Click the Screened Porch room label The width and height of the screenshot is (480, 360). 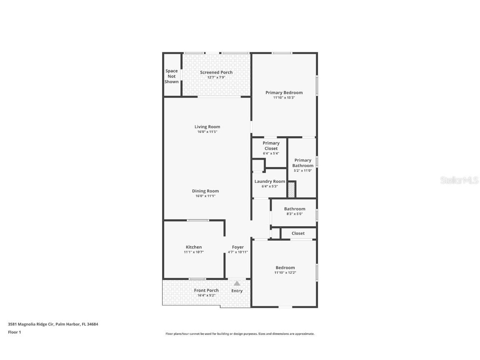[216, 72]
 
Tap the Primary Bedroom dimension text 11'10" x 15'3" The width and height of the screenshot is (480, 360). [284, 97]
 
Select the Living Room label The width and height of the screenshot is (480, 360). [207, 127]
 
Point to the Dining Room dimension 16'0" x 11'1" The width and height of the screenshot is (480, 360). [205, 196]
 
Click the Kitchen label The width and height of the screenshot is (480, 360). [194, 247]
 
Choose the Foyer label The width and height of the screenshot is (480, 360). [238, 247]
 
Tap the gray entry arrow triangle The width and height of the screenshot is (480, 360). [237, 283]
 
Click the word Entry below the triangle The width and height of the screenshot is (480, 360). [237, 291]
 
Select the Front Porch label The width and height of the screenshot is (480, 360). [206, 290]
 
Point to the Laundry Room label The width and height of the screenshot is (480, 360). [270, 181]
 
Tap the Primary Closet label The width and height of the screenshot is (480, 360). [271, 146]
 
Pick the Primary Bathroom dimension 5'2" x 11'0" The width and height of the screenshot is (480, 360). [303, 170]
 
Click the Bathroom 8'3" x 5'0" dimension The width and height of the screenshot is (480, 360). [295, 214]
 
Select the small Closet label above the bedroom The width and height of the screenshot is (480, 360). [298, 233]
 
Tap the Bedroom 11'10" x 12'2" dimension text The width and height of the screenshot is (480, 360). [285, 272]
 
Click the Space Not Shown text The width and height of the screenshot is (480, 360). [172, 76]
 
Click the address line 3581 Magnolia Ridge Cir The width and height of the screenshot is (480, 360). [53, 324]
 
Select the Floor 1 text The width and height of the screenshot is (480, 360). [14, 332]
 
